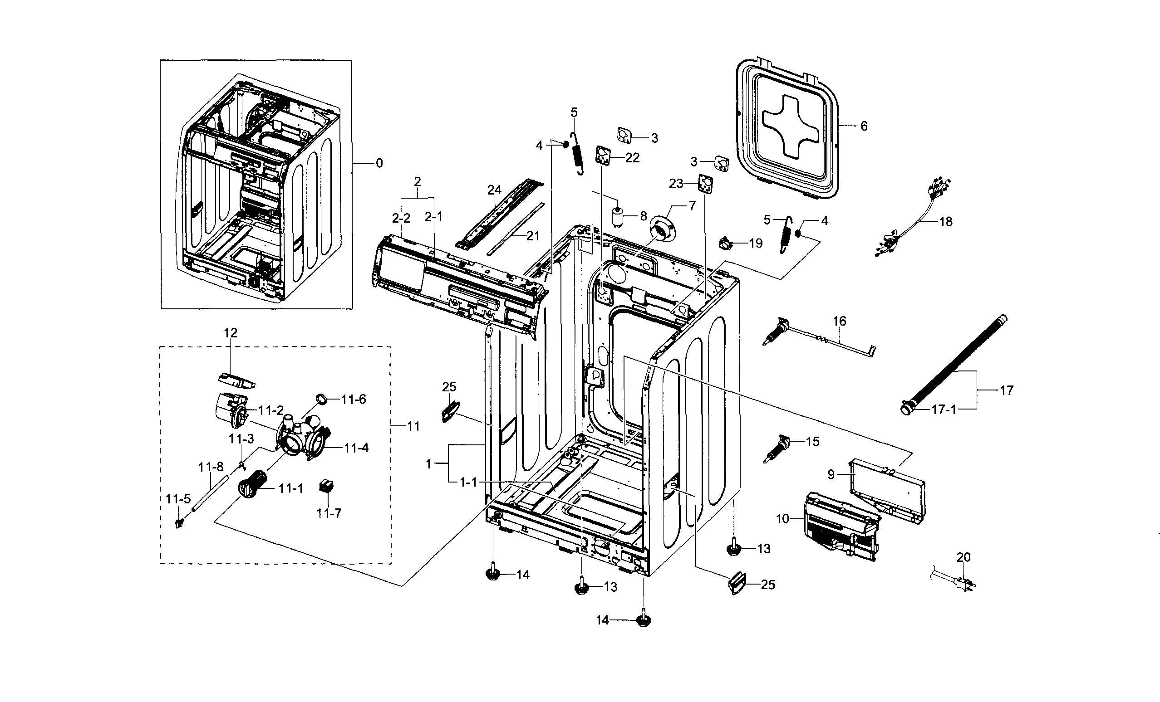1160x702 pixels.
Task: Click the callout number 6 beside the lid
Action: [863, 126]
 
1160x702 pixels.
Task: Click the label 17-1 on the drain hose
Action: [944, 409]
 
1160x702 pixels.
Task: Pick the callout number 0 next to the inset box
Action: [379, 163]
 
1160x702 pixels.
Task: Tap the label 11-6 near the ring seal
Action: [353, 400]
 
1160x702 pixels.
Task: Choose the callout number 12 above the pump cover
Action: [230, 333]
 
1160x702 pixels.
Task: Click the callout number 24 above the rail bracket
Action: [494, 190]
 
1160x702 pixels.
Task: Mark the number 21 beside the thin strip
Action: [532, 236]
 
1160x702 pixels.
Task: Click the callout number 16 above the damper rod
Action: [840, 322]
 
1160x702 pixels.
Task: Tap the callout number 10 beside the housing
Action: [782, 518]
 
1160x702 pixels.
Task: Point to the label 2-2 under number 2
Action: [401, 218]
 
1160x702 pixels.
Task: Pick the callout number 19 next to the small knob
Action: [755, 243]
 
